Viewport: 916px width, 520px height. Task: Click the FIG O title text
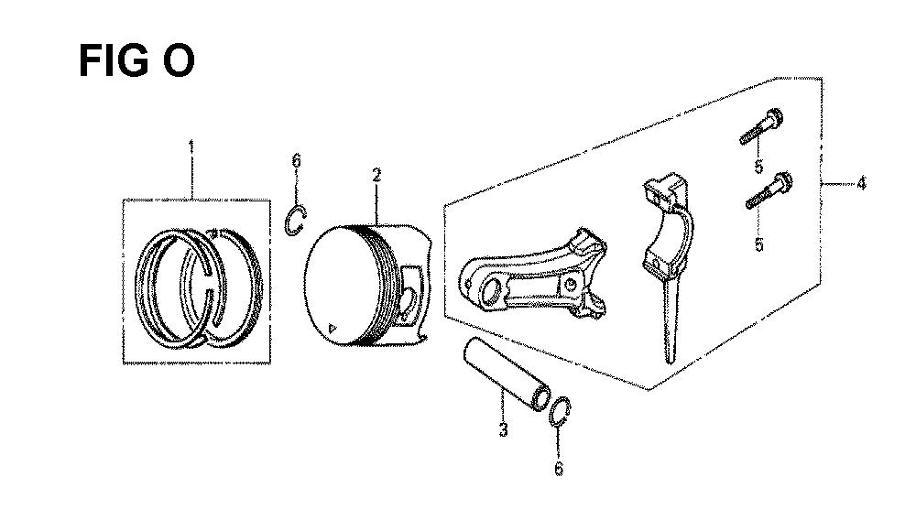pyautogui.click(x=136, y=60)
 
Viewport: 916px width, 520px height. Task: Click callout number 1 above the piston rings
pyautogui.click(x=191, y=146)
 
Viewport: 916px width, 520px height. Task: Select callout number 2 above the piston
pyautogui.click(x=376, y=175)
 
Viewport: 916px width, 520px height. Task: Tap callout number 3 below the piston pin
pyautogui.click(x=503, y=430)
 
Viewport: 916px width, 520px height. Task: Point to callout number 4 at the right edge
pyautogui.click(x=861, y=183)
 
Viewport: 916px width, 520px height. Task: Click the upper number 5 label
pyautogui.click(x=758, y=167)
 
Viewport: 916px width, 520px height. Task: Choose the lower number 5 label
pyautogui.click(x=758, y=244)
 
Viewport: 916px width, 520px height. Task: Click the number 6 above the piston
pyautogui.click(x=296, y=160)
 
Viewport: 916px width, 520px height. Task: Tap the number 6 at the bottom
pyautogui.click(x=559, y=468)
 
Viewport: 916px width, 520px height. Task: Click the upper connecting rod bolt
pyautogui.click(x=761, y=126)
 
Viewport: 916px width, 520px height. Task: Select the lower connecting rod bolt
pyautogui.click(x=769, y=190)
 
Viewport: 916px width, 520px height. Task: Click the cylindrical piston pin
pyautogui.click(x=507, y=374)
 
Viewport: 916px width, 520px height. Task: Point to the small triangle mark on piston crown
pyautogui.click(x=333, y=328)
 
